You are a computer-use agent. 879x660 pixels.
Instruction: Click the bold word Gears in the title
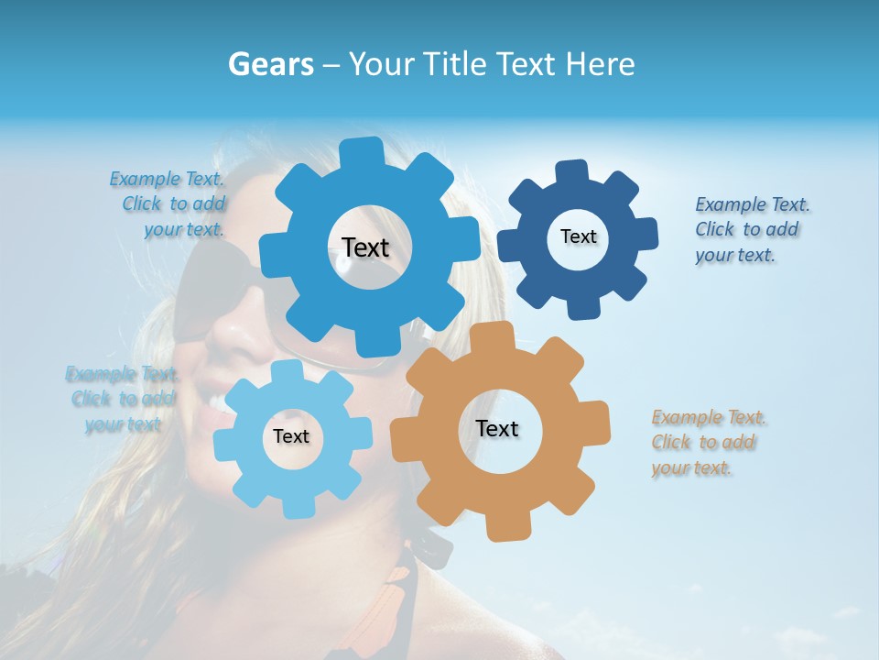click(x=269, y=64)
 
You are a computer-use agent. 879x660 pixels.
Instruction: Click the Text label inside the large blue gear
click(x=365, y=247)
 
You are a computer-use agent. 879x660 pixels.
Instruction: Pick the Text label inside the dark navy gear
click(x=578, y=236)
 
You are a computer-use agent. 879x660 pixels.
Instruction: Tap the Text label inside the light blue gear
click(x=291, y=437)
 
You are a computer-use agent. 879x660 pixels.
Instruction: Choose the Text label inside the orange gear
click(x=497, y=429)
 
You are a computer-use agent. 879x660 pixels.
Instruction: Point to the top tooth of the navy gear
click(x=571, y=171)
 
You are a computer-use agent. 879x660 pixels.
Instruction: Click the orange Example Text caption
click(x=707, y=443)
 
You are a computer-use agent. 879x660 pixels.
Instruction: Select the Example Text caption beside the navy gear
click(x=751, y=230)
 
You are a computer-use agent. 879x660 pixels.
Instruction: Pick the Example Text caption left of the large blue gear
click(x=171, y=203)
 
